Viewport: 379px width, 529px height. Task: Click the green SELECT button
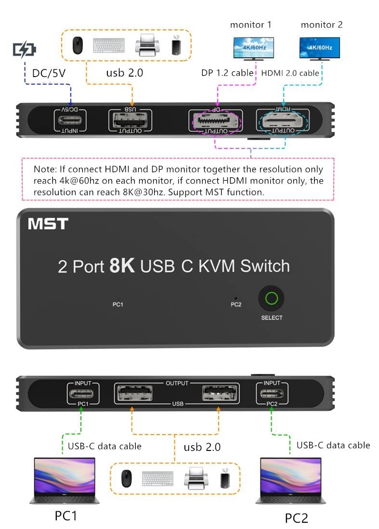coord(272,299)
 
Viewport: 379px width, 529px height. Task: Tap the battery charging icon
coord(25,50)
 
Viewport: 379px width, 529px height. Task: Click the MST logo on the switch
coord(48,224)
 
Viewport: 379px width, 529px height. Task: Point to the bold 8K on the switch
coord(122,266)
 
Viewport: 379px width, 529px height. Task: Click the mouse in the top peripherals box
coord(77,46)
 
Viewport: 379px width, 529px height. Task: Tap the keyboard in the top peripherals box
coord(109,46)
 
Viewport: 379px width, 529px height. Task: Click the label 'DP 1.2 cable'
coord(227,73)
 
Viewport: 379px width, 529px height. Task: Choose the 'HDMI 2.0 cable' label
coord(290,73)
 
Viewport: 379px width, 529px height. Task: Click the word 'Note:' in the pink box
coord(45,170)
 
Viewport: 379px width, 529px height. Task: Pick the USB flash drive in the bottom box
coord(224,478)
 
